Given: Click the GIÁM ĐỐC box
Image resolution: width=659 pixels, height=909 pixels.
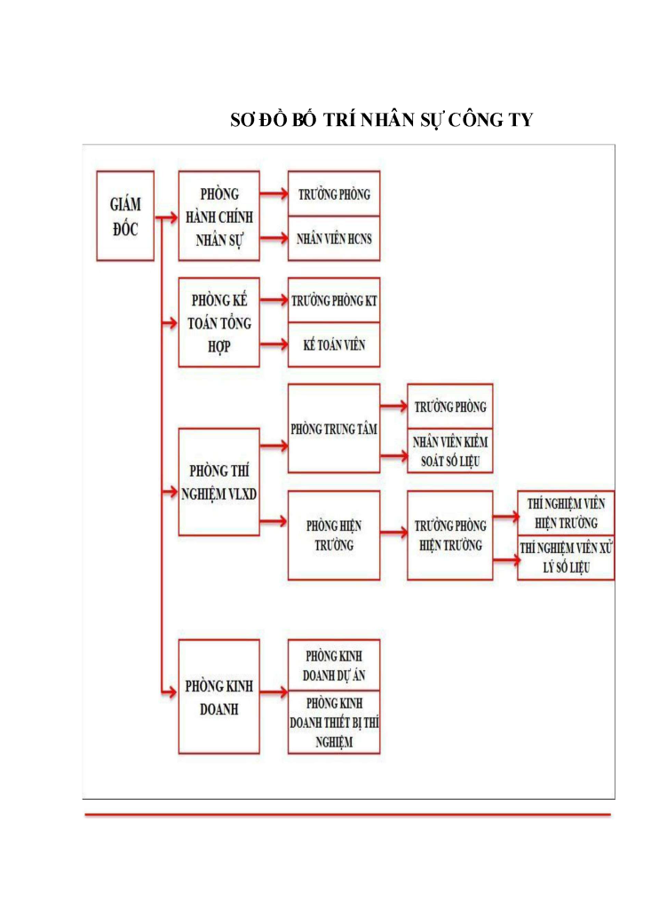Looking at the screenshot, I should coord(125,216).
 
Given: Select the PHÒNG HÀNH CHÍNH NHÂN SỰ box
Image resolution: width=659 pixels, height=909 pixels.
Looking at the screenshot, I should coord(219,216).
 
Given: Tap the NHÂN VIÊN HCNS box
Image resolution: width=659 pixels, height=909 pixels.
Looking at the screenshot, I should coord(334,239).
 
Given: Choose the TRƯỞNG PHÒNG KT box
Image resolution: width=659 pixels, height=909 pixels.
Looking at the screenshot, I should coord(334,301).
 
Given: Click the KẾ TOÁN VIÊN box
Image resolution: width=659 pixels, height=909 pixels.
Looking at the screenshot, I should coord(334,344).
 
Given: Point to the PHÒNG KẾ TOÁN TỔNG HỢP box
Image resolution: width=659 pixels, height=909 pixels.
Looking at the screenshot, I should coord(219,322).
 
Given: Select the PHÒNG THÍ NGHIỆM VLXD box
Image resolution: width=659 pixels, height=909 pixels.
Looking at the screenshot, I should coord(219,481).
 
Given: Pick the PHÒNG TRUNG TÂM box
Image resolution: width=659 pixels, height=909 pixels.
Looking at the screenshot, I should coord(334,429).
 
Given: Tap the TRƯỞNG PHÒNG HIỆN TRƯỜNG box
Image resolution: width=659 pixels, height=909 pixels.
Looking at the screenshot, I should coord(450,535).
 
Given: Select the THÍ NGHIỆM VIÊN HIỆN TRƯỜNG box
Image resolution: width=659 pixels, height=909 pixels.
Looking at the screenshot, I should coord(567,513).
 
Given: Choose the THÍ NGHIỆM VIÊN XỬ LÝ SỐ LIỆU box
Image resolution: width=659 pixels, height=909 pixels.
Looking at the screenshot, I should coord(567,557).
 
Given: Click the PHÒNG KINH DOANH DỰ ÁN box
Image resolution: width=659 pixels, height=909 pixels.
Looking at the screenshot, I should coord(334,666).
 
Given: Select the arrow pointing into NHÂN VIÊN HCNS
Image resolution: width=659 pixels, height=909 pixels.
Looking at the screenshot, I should coord(274,239).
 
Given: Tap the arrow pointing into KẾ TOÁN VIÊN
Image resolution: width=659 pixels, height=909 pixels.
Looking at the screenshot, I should coord(274,344).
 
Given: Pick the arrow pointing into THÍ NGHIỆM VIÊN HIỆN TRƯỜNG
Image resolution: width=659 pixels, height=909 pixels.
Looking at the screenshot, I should coord(505,514).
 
